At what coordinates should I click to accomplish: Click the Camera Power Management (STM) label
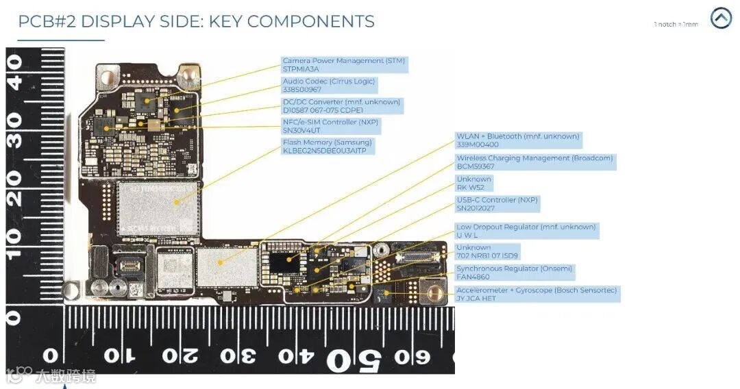(x=343, y=61)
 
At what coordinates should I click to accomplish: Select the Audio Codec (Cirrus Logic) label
(x=329, y=81)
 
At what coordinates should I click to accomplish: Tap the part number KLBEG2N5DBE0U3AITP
(x=324, y=151)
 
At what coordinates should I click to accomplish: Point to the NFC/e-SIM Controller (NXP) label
(x=330, y=123)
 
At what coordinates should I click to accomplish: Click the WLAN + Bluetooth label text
(x=517, y=136)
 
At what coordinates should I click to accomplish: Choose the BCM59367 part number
(x=476, y=166)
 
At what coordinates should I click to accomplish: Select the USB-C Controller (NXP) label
(x=497, y=200)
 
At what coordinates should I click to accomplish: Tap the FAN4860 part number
(x=473, y=277)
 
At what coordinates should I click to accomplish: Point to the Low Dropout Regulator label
(x=526, y=227)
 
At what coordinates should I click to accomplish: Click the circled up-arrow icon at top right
(x=721, y=18)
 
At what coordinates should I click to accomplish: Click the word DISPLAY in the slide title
(x=124, y=21)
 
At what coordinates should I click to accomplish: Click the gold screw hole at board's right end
(x=433, y=294)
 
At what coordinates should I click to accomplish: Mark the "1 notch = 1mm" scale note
(x=676, y=25)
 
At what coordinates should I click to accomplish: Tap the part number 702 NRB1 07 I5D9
(x=487, y=256)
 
